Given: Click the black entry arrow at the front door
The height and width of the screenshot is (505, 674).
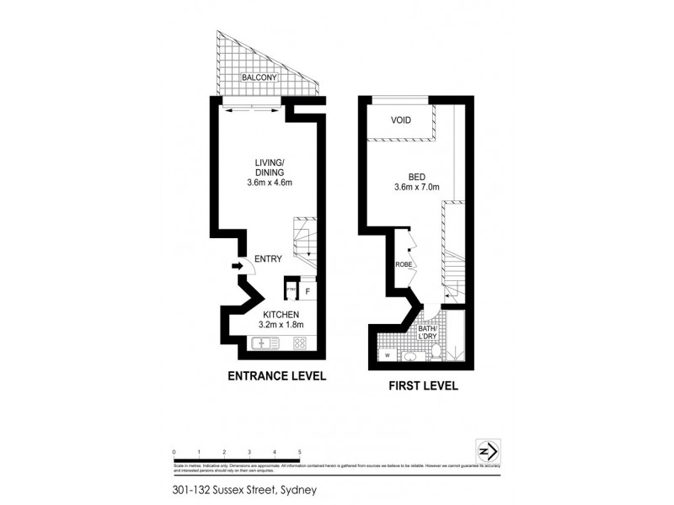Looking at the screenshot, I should (237, 268).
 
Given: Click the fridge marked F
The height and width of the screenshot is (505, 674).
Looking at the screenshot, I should (308, 291).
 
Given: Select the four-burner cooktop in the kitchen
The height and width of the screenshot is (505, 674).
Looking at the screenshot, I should (300, 343).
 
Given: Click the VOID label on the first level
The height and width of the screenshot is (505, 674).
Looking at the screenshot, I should (401, 120).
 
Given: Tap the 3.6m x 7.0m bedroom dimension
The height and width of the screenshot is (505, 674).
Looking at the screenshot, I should (417, 188).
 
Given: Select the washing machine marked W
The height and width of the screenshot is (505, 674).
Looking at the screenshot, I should (386, 355).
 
